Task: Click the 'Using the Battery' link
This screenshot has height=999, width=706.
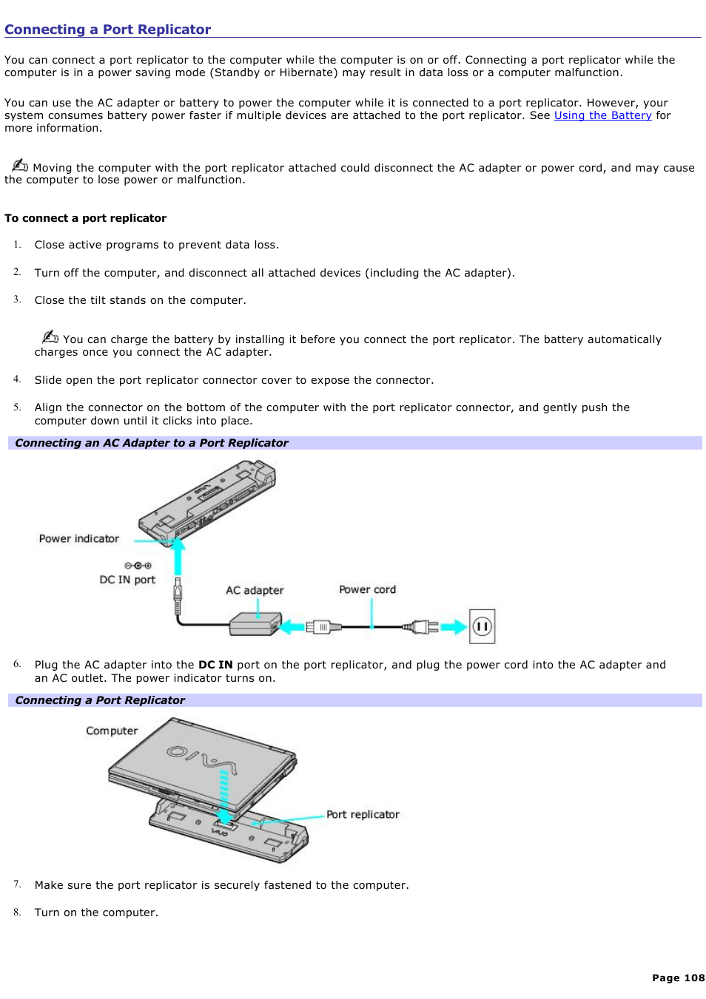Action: pyautogui.click(x=602, y=115)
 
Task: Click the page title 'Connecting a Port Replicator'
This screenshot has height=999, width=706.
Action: pyautogui.click(x=108, y=30)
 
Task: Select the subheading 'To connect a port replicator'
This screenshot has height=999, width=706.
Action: pyautogui.click(x=85, y=218)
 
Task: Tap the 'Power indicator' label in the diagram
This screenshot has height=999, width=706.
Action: pyautogui.click(x=78, y=539)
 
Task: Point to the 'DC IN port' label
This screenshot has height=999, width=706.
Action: pyautogui.click(x=127, y=580)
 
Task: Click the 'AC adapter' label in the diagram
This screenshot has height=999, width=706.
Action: pyautogui.click(x=255, y=590)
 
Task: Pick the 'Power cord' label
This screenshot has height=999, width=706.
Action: pyautogui.click(x=367, y=589)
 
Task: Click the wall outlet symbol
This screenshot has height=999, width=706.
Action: pyautogui.click(x=483, y=627)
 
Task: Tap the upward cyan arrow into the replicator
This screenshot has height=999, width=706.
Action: pyautogui.click(x=178, y=556)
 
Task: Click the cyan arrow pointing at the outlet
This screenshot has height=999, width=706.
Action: pyautogui.click(x=453, y=628)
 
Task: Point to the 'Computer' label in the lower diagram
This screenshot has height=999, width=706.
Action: pyautogui.click(x=112, y=731)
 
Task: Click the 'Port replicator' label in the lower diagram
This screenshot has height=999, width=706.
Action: pyautogui.click(x=363, y=814)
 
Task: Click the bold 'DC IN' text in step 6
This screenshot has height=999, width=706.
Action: pyautogui.click(x=215, y=665)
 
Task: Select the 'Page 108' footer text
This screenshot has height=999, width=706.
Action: pyautogui.click(x=678, y=978)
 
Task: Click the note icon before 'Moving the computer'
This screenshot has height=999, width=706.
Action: pyautogui.click(x=20, y=165)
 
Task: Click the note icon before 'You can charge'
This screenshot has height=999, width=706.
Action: pyautogui.click(x=50, y=336)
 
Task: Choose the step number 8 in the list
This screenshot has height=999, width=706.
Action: pyautogui.click(x=16, y=912)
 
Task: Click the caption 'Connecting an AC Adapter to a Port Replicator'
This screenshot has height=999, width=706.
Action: pyautogui.click(x=152, y=443)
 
